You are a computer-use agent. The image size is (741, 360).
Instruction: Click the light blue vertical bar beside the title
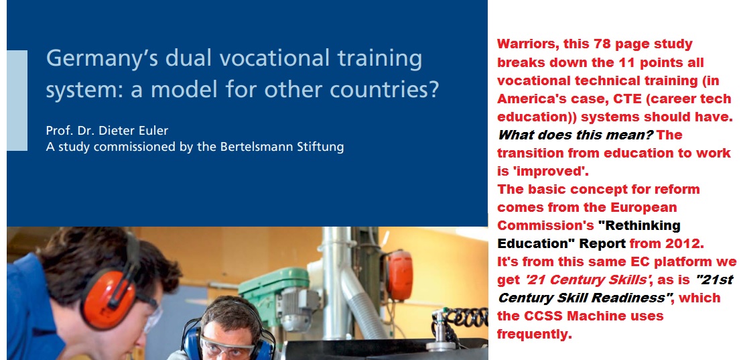17,101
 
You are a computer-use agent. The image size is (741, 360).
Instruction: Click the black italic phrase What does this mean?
575,135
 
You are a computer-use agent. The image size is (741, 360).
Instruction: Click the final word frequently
535,335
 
